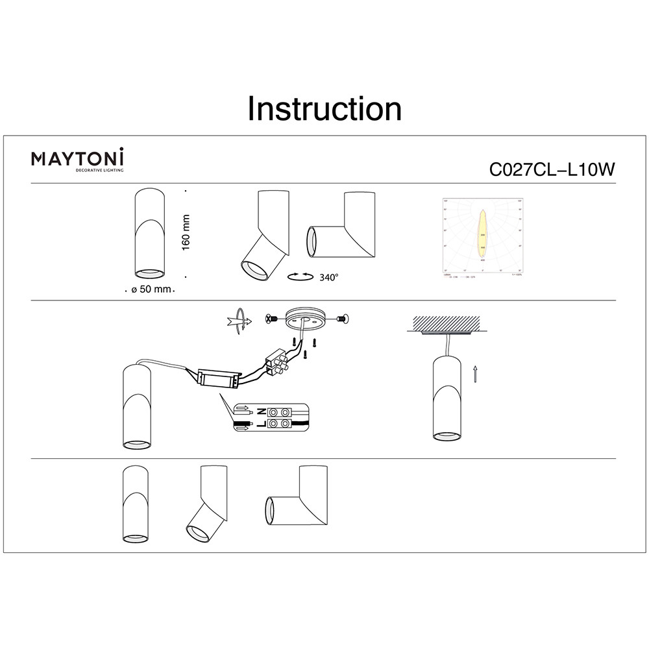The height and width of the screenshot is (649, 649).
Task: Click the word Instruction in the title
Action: pyautogui.click(x=324, y=109)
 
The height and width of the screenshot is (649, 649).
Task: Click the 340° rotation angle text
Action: pyautogui.click(x=329, y=277)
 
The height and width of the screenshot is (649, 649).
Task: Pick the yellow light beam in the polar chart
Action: pyautogui.click(x=482, y=232)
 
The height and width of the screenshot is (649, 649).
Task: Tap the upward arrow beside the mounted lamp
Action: pyautogui.click(x=475, y=374)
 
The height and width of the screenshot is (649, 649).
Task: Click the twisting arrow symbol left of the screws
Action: pyautogui.click(x=238, y=320)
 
